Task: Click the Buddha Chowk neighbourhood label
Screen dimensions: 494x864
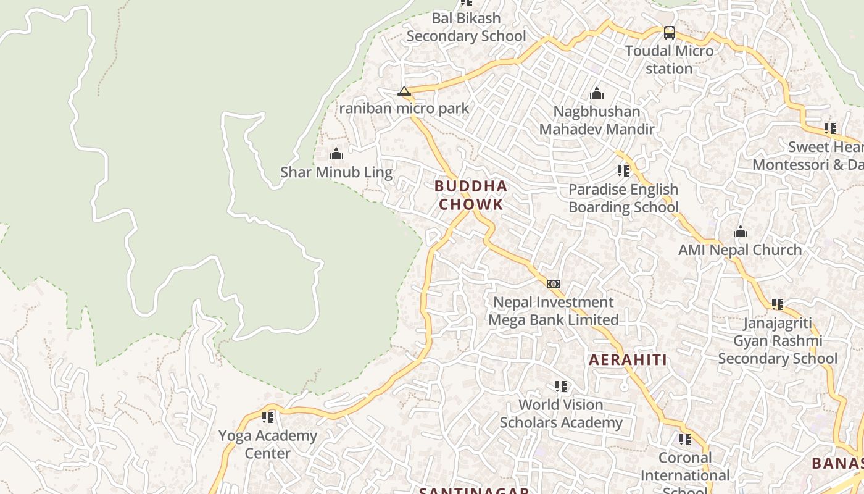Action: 471,195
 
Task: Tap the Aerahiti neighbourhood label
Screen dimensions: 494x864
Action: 628,360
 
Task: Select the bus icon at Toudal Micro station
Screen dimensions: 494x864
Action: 670,33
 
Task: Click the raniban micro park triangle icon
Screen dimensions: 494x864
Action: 404,91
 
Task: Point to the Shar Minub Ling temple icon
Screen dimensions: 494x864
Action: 336,154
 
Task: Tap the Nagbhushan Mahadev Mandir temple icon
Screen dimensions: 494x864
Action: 597,94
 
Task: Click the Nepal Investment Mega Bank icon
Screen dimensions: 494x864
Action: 554,284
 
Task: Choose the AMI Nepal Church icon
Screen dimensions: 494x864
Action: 741,232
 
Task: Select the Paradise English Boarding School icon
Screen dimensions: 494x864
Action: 623,171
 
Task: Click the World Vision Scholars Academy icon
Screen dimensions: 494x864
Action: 561,387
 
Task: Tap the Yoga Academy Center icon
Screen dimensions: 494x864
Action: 268,417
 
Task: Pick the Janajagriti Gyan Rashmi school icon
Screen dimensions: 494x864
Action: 778,304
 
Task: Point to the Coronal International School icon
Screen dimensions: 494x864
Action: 685,440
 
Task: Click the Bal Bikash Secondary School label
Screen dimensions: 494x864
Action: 467,27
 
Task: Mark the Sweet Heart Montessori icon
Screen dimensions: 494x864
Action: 830,128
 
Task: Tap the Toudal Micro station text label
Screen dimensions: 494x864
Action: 670,60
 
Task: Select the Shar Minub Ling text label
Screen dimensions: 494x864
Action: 336,172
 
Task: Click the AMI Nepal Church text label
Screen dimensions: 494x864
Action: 740,250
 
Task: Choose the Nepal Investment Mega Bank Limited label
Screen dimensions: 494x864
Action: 554,311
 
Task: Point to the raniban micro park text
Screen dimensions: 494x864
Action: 404,109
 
